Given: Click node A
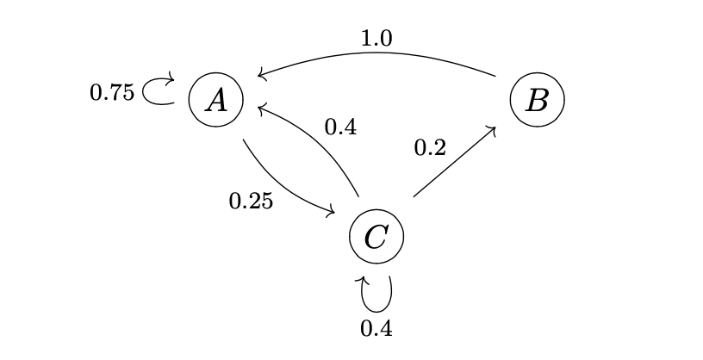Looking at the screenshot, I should click(x=215, y=99).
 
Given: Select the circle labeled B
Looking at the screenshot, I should click(x=537, y=99).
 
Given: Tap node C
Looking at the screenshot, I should click(x=376, y=234).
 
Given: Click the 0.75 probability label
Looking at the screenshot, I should click(x=112, y=93).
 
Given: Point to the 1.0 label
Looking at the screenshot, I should click(x=376, y=39).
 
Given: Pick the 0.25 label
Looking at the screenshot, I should click(x=251, y=202).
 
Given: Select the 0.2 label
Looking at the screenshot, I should click(x=430, y=148).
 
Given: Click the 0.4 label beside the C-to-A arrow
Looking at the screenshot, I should click(x=340, y=127).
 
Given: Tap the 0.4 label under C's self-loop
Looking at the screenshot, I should click(x=376, y=328).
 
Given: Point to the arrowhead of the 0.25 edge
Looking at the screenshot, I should click(x=332, y=213).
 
